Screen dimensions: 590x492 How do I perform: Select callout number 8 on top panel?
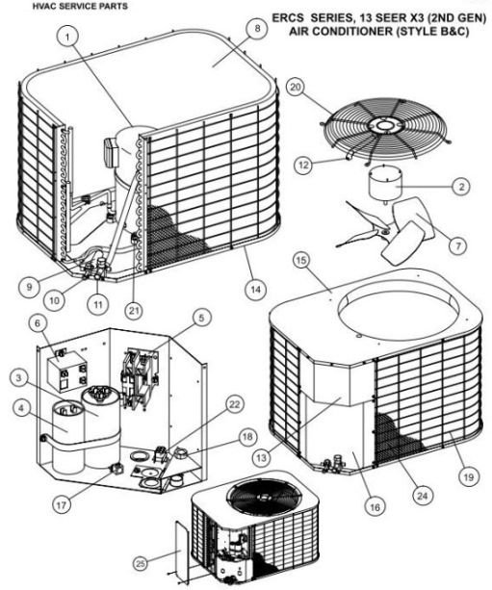pos(256,30)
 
